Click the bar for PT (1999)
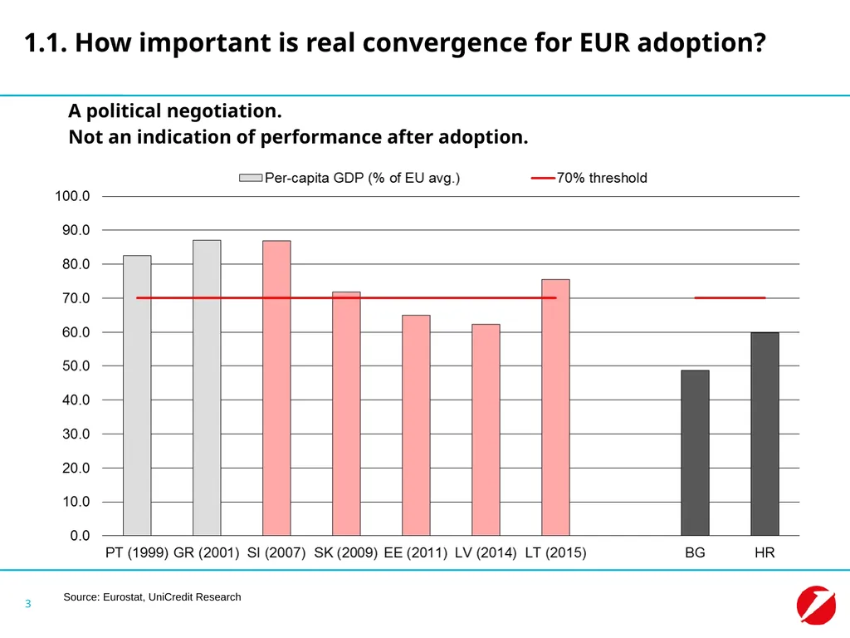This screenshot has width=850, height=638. coord(137,395)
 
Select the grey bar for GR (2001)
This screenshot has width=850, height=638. coord(207,388)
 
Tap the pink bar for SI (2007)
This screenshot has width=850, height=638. coord(276,388)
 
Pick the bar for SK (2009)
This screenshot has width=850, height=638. coord(346,414)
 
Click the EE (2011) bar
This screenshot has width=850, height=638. coord(417,425)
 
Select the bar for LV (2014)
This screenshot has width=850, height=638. coord(486,429)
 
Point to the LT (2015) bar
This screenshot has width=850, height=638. coord(555,407)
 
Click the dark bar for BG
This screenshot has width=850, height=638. coord(695,453)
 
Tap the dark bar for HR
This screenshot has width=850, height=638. coord(765,434)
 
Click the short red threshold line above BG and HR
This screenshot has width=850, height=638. coord(730,298)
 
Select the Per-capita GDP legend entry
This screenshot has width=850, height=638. coord(349,178)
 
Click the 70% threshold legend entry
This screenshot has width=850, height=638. coord(589,178)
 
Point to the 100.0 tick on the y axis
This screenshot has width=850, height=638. coord(72,196)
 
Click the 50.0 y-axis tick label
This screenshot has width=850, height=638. coord(76,366)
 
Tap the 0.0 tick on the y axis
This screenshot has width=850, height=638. coord(80,536)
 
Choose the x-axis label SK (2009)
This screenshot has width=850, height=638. coord(346,552)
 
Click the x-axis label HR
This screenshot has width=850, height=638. coord(765,552)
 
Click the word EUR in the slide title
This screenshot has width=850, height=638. coord(604,43)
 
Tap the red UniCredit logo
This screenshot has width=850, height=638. coord(816,606)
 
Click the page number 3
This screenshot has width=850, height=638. coord(28,604)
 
